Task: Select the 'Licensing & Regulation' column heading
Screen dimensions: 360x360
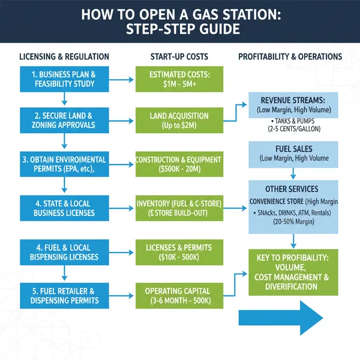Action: tap(64, 57)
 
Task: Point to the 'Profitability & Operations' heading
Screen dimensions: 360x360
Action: tap(290, 57)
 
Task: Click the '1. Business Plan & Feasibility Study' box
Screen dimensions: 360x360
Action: tap(64, 79)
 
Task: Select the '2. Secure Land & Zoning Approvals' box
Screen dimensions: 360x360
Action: tap(64, 121)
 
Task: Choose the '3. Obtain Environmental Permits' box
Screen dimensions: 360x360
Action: tap(64, 164)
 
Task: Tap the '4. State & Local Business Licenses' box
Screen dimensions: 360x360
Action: tap(64, 208)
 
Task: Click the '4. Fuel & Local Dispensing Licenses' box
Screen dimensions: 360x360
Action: tap(64, 252)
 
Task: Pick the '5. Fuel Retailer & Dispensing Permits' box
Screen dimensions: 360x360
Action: tap(64, 296)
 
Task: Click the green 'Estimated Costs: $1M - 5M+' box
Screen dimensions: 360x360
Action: tap(178, 79)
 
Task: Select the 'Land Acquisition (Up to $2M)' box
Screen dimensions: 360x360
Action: tap(178, 121)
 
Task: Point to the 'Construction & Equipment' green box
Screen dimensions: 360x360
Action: tap(178, 164)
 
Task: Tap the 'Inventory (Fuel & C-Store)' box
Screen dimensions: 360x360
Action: tap(178, 208)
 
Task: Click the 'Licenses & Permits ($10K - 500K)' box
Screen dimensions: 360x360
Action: tap(178, 252)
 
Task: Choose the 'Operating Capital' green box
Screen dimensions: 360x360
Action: tap(178, 296)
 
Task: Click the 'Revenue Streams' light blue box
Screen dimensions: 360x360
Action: tap(293, 112)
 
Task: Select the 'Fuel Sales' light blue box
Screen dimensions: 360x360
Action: tap(293, 154)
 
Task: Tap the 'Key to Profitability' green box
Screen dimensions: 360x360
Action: tap(293, 272)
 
